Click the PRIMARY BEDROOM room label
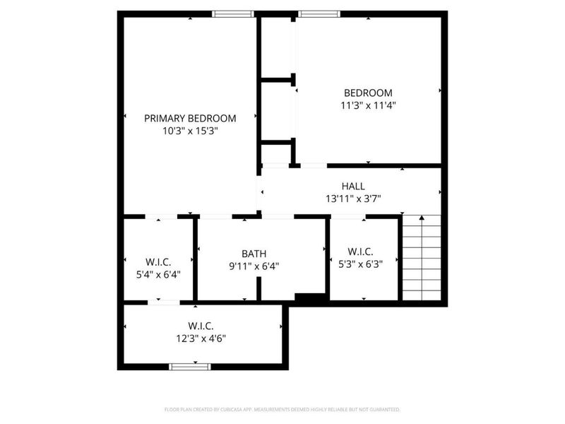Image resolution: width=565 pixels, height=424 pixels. pyautogui.click(x=190, y=118)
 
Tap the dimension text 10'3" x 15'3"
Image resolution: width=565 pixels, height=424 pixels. pyautogui.click(x=190, y=131)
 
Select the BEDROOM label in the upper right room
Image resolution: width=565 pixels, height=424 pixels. pyautogui.click(x=368, y=93)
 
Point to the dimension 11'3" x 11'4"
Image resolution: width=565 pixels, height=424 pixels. pyautogui.click(x=368, y=105)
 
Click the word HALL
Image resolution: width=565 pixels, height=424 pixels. pyautogui.click(x=353, y=186)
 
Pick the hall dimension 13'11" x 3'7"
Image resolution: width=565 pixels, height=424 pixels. pyautogui.click(x=353, y=199)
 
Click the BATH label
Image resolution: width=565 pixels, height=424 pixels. pyautogui.click(x=254, y=254)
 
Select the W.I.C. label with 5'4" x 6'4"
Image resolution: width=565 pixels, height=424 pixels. pyautogui.click(x=158, y=262)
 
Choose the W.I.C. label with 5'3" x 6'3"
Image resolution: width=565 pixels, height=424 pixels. pyautogui.click(x=361, y=252)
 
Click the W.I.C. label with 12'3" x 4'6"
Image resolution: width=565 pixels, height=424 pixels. pyautogui.click(x=201, y=326)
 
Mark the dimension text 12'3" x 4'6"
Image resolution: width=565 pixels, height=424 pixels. pyautogui.click(x=201, y=338)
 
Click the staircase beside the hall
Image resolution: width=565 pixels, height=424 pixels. pyautogui.click(x=422, y=258)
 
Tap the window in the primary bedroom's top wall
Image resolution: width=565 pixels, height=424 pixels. pyautogui.click(x=234, y=13)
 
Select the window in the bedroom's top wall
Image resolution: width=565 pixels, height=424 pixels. pyautogui.click(x=319, y=13)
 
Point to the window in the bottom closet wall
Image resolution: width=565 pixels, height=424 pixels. pyautogui.click(x=191, y=366)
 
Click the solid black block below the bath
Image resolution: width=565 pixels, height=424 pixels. pyautogui.click(x=309, y=299)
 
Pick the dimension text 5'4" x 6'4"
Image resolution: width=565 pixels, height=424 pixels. pyautogui.click(x=158, y=275)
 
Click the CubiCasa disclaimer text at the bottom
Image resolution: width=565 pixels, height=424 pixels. pyautogui.click(x=282, y=409)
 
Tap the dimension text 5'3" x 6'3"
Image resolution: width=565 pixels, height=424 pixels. pyautogui.click(x=361, y=264)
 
